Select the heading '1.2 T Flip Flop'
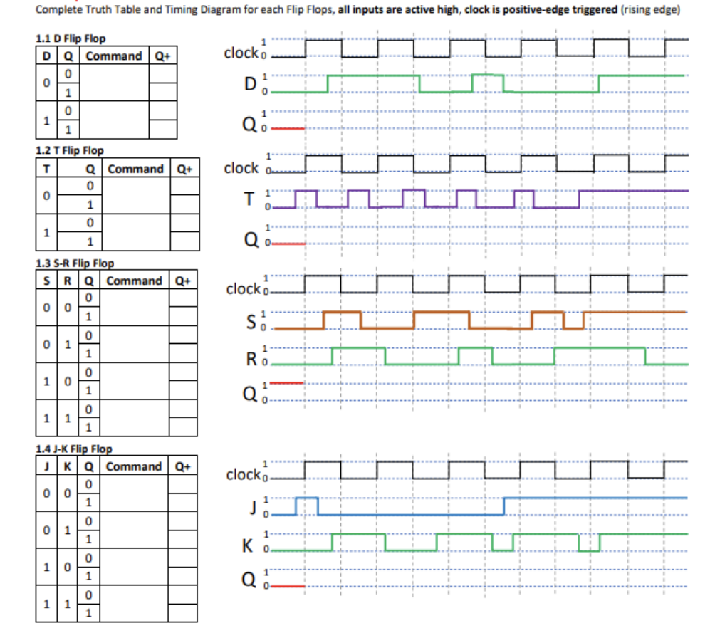69,150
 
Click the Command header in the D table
113,56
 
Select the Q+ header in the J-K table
183,467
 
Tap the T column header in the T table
46,169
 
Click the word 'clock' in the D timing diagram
240,53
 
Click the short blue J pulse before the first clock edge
306,498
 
